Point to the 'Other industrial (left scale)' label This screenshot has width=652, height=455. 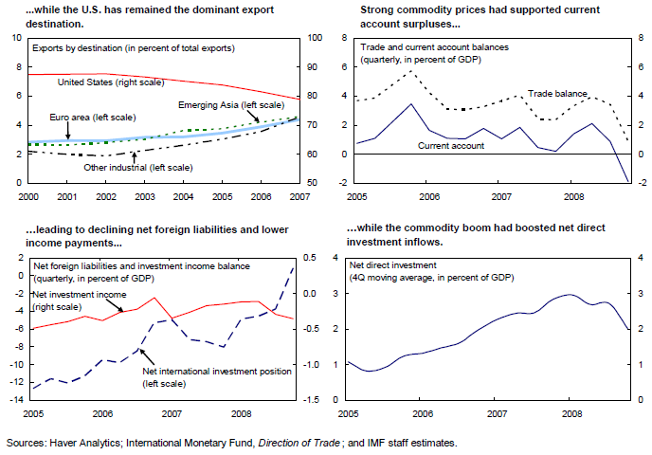pos(137,167)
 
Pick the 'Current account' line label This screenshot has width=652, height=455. pos(451,145)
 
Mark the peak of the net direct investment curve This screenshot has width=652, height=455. pos(570,294)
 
